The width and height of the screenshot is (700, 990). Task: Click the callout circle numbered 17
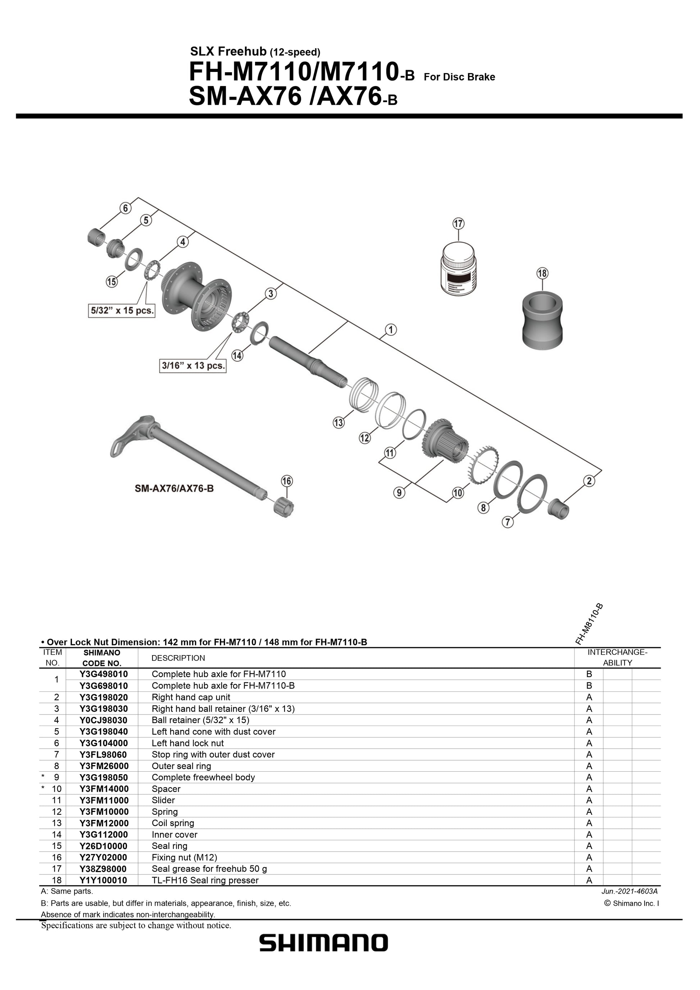click(458, 224)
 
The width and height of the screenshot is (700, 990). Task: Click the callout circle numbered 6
click(125, 208)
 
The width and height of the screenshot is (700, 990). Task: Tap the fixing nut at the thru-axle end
click(282, 506)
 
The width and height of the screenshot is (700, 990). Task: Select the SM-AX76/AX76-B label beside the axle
click(174, 489)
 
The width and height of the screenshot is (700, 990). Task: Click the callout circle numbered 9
click(400, 492)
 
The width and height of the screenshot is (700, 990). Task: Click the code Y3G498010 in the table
click(104, 674)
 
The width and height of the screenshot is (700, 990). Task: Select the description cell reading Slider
click(163, 800)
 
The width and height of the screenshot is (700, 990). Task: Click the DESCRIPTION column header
click(178, 658)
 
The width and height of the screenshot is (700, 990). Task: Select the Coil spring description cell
click(173, 823)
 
